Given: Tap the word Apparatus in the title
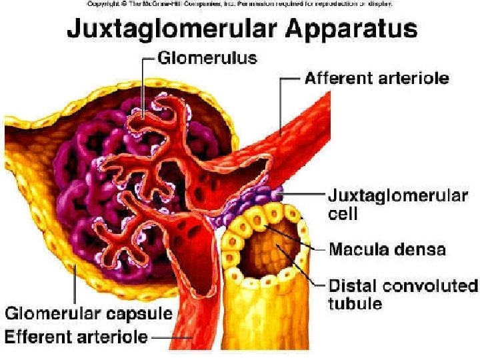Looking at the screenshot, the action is [356, 31].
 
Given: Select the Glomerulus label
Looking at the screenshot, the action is [207, 59].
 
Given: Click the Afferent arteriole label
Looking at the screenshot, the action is [377, 79].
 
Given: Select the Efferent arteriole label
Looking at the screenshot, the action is [76, 336].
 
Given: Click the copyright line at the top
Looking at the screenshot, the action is [240, 4].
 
